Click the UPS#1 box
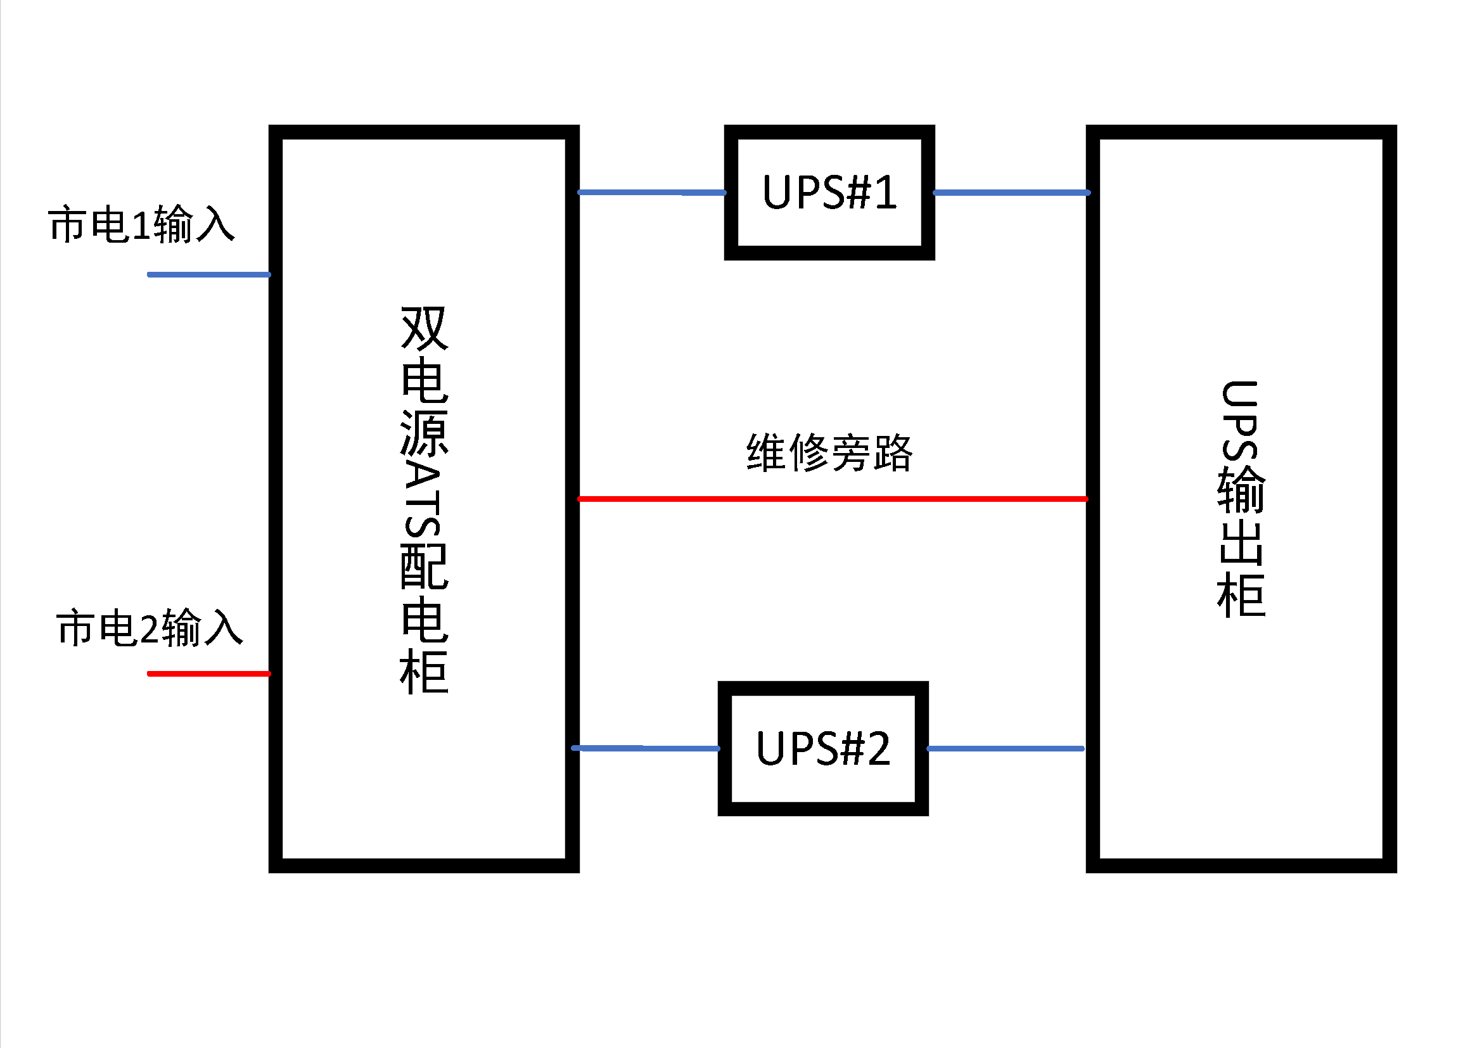[829, 193]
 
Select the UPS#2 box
[823, 748]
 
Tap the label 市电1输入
[141, 224]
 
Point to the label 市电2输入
[149, 627]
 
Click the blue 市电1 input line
[208, 275]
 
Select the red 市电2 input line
[208, 674]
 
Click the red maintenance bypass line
[833, 499]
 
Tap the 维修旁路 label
[829, 452]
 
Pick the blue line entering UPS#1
[652, 193]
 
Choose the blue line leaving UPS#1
[1011, 193]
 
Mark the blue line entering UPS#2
[646, 748]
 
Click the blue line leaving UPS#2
[1005, 748]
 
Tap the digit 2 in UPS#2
[878, 748]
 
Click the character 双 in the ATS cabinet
[424, 328]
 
